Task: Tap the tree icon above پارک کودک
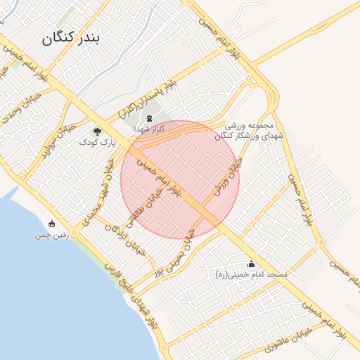click(x=97, y=131)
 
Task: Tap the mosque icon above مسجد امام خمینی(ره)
click(x=251, y=264)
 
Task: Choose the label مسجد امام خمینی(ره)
click(x=252, y=275)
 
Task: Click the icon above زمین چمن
click(x=51, y=224)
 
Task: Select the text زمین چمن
click(x=51, y=236)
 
